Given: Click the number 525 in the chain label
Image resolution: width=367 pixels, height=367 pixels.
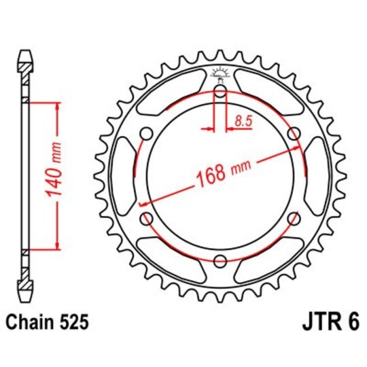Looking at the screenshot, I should (73, 321).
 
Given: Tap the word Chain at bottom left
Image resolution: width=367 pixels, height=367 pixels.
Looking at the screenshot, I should (32, 321).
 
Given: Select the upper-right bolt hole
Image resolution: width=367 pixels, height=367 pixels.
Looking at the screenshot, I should (294, 134).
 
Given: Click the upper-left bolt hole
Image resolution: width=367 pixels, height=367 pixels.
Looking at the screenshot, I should (147, 134).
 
